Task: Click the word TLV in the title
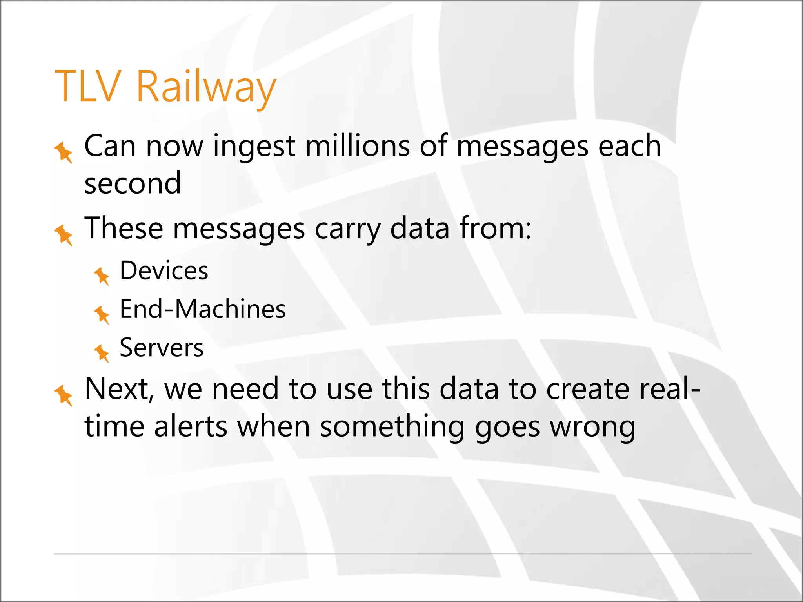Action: [86, 86]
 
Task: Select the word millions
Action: [358, 146]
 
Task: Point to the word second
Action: [133, 183]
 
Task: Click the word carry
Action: [347, 229]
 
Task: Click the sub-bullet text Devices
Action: [164, 270]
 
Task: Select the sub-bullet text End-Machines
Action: [202, 309]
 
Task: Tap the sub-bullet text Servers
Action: [162, 348]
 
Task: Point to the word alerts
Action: [191, 426]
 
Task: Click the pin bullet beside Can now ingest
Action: [64, 152]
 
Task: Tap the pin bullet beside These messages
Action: [64, 235]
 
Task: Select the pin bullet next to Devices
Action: [102, 276]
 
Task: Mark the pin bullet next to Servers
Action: [102, 353]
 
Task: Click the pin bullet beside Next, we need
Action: [64, 395]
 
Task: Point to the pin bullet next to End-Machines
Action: [102, 314]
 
